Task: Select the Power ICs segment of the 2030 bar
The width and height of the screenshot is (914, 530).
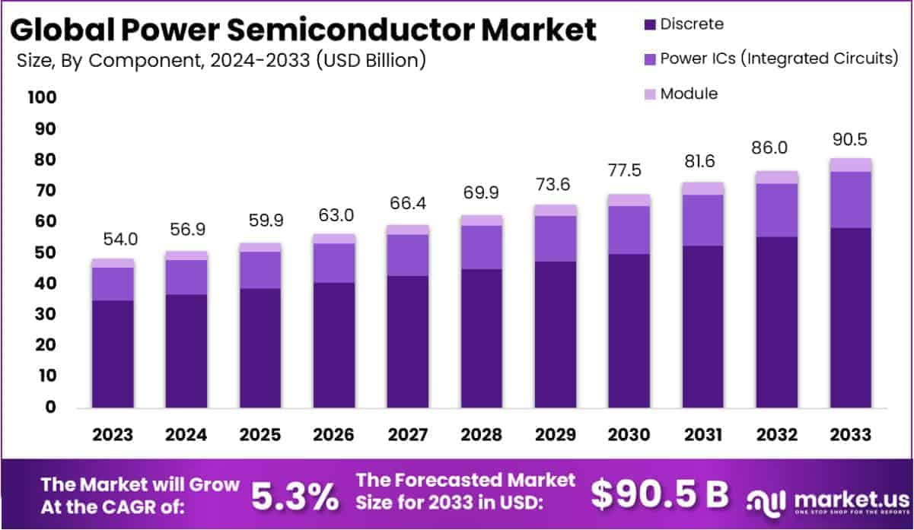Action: pyautogui.click(x=629, y=230)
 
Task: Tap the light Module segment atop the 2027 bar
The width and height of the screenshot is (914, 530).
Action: pyautogui.click(x=407, y=230)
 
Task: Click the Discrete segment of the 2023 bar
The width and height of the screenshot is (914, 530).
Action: pyautogui.click(x=113, y=354)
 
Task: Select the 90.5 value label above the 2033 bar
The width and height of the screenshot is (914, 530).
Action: pyautogui.click(x=850, y=139)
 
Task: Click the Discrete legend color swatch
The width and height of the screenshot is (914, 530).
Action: pyautogui.click(x=648, y=24)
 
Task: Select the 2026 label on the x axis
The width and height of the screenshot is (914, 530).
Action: pyautogui.click(x=333, y=434)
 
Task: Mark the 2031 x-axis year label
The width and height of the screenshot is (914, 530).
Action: pyautogui.click(x=703, y=434)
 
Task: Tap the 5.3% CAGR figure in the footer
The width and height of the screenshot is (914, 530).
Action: pyautogui.click(x=295, y=496)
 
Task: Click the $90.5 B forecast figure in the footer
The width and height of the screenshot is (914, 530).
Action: pyautogui.click(x=659, y=495)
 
